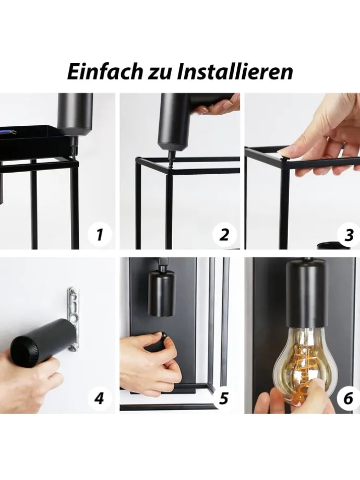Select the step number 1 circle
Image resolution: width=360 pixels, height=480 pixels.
coord(100,235)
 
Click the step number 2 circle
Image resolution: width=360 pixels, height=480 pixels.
coord(224,235)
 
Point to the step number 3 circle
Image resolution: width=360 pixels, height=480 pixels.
coord(349,235)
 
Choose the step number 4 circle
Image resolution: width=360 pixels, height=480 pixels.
coord(100,399)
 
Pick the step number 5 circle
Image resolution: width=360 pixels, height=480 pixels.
coord(224,399)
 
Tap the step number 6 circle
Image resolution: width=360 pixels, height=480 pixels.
coord(349,399)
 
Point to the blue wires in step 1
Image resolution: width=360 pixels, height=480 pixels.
coord(8,132)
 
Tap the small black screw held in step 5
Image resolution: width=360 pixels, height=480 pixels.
coord(165,335)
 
